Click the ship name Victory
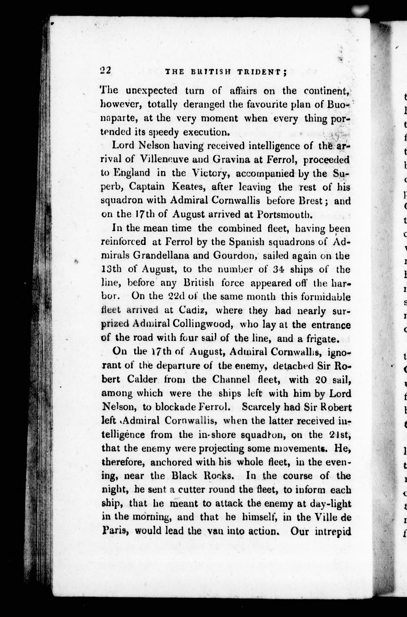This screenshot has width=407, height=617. [209, 173]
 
